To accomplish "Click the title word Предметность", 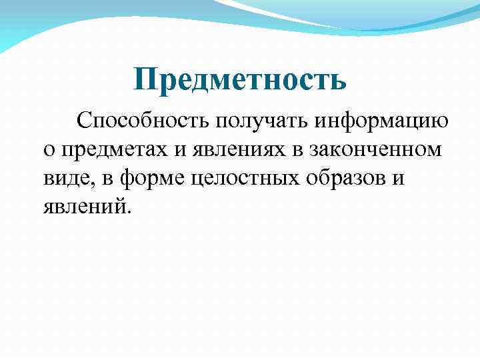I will [x=240, y=79].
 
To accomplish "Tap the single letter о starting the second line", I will [x=49, y=150].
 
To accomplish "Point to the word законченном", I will [x=375, y=150].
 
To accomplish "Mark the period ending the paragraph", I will [x=131, y=213].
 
